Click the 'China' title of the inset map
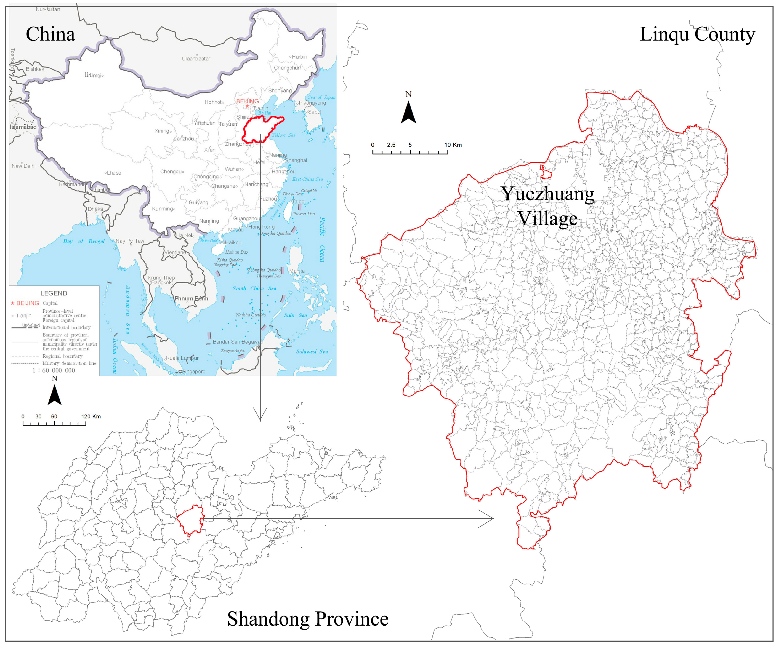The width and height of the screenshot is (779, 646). coord(50,34)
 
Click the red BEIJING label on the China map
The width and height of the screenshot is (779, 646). coord(247,101)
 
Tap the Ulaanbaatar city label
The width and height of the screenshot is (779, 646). coord(196,59)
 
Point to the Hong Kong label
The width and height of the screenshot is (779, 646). coord(262,227)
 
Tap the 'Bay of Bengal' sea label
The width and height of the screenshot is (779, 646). coord(84,241)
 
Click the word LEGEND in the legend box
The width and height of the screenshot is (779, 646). coord(54,293)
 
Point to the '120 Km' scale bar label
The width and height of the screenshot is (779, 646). coord(91,416)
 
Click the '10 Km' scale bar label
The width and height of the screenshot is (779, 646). coord(453,145)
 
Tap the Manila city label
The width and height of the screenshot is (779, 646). coord(297,271)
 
